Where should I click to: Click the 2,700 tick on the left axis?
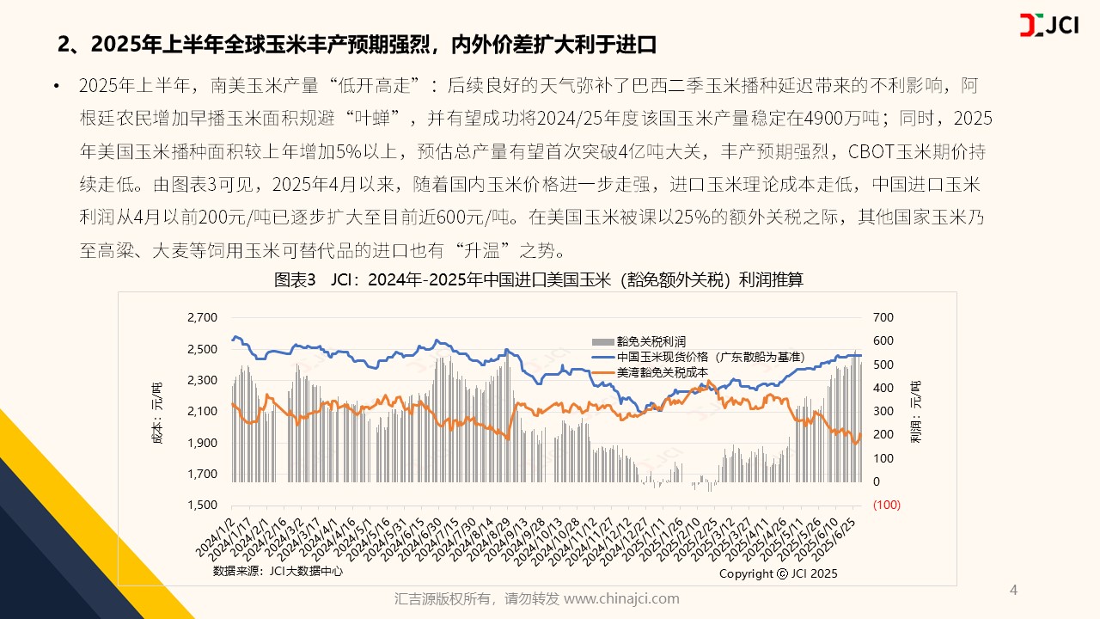click(202, 318)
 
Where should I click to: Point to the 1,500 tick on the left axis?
click(202, 506)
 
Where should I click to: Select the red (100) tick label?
click(886, 506)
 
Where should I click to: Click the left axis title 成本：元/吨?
click(156, 411)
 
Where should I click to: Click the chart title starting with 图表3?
click(539, 280)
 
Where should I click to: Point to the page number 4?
click(1013, 590)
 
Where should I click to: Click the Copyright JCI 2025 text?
click(778, 573)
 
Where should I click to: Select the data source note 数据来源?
click(270, 570)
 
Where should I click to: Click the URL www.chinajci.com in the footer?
click(621, 598)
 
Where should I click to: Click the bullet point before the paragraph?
click(56, 87)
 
